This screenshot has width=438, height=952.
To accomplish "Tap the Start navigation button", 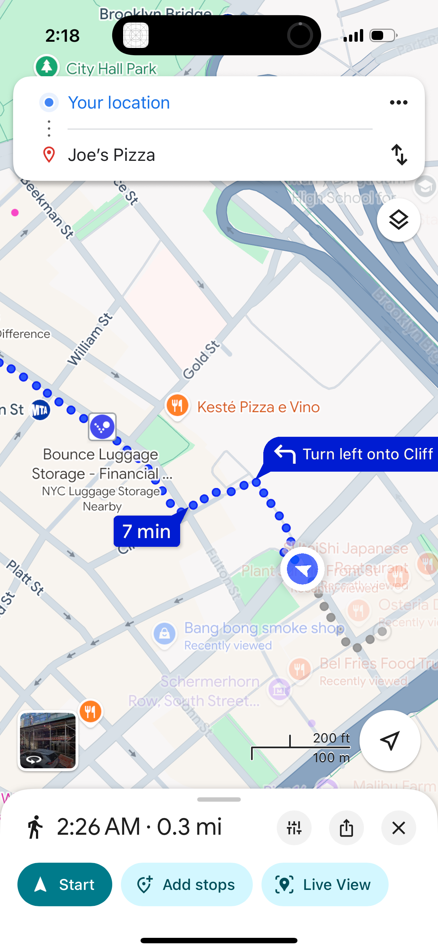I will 65,884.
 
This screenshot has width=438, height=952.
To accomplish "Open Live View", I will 325,884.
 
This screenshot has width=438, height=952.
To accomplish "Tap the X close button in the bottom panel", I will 398,828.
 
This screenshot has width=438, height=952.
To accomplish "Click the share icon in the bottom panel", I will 346,828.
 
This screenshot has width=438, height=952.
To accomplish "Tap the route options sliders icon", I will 294,828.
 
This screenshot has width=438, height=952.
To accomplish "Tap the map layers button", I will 398,220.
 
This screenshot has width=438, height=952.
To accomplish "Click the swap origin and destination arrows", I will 399,154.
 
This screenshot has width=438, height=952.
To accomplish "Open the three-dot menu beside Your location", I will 398,102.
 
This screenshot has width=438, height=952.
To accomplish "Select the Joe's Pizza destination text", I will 111,155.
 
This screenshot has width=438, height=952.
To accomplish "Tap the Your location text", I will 119,102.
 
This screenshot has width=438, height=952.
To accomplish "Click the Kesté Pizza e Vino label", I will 258,407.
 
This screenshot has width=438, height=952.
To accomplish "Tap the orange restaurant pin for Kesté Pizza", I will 178,406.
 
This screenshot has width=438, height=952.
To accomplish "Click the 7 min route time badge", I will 147,531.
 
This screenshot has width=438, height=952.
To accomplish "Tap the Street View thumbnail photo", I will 48,741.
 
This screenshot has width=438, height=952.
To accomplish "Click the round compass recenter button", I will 390,740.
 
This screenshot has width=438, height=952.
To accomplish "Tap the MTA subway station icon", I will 40,410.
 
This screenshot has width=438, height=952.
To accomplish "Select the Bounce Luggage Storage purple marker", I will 102,427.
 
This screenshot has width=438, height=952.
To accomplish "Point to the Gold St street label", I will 202,360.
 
